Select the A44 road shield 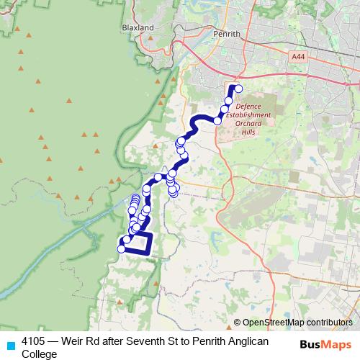coord(299,56)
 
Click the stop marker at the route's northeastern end coord(238,89)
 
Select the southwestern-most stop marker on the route coord(121,249)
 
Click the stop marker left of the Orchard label coord(218,120)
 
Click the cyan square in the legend coord(10,343)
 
